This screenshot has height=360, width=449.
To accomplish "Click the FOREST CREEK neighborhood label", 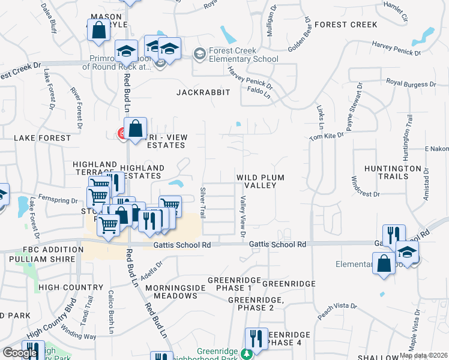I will [x=346, y=25].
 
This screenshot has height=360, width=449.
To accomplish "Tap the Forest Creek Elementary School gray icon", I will [x=199, y=55].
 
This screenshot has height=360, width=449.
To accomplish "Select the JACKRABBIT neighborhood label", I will [x=203, y=92].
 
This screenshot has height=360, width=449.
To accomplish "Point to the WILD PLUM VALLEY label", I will [x=260, y=181].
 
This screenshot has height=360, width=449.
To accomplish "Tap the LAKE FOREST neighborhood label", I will [x=42, y=138].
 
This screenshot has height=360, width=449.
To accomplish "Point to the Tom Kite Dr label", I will [x=327, y=136].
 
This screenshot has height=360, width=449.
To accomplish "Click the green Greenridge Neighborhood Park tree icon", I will [x=246, y=353].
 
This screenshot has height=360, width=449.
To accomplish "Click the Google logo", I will [x=19, y=353].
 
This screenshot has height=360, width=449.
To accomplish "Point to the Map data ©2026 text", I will [x=423, y=355].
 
